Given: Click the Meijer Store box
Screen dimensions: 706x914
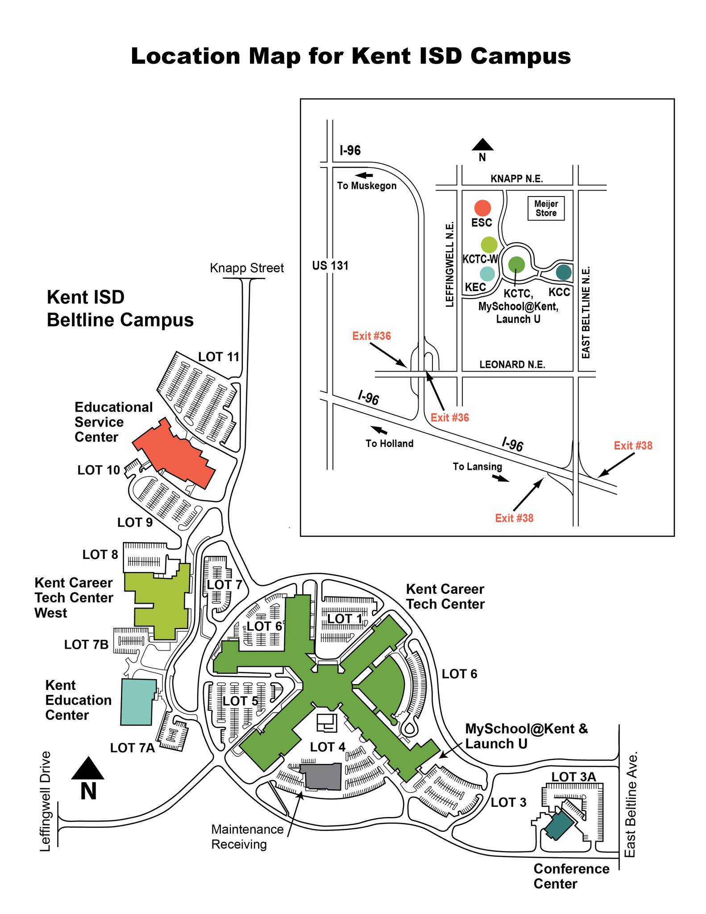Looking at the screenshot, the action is pos(546,209).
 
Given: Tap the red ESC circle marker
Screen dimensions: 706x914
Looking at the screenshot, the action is pos(482,208).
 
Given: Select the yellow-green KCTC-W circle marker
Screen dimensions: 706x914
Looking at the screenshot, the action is pos(489,245).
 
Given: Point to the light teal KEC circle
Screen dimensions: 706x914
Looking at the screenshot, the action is pos(487,274).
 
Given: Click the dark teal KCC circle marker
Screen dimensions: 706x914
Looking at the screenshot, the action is pos(564,272).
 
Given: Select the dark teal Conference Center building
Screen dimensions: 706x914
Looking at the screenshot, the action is pos(559,826).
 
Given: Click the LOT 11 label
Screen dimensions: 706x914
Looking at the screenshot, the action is pos(219,357).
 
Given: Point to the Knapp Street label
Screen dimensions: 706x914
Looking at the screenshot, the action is pos(247,268).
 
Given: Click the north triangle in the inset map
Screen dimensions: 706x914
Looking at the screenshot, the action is pos(482,144).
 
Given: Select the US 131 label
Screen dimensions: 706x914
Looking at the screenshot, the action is pos(330,266).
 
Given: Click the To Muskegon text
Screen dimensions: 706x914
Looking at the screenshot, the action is pos(367,186).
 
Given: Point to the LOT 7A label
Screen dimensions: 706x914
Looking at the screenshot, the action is pos(133,748).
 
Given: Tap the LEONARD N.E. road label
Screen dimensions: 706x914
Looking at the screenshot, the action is pos(512,364).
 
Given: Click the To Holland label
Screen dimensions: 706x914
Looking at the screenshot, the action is pos(390,443).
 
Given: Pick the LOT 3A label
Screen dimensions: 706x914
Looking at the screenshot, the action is pos(573,777).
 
